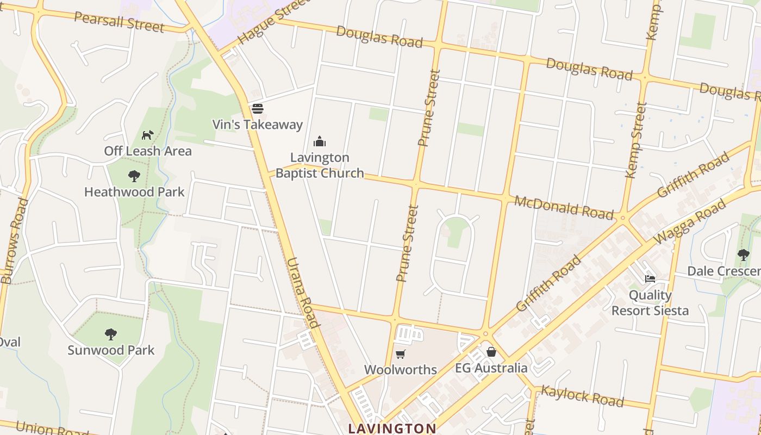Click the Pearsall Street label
[118, 21]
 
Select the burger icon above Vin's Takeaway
[258, 109]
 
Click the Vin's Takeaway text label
[257, 125]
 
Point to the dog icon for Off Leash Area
[147, 135]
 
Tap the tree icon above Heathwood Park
[134, 176]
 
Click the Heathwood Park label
[134, 192]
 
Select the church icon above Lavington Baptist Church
[320, 142]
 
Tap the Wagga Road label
[690, 221]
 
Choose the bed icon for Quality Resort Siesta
[650, 279]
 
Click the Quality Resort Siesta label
[650, 303]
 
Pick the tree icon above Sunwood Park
[111, 334]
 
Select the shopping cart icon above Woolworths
[401, 355]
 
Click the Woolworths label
[401, 370]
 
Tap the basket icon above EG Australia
[491, 352]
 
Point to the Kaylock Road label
[582, 396]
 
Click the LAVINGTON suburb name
[392, 428]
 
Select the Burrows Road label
[15, 241]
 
